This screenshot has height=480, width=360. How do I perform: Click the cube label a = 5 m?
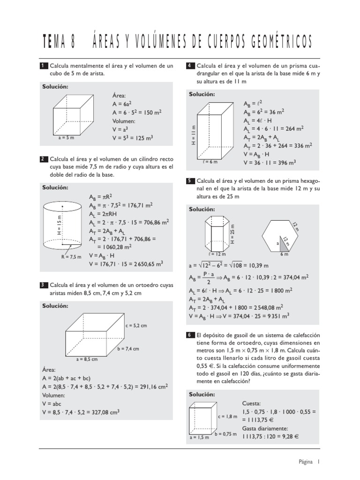click(67, 138)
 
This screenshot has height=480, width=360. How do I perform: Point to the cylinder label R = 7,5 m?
click(71, 256)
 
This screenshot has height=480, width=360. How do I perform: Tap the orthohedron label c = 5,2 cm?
click(136, 325)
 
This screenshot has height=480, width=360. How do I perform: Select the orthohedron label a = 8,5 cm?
click(86, 360)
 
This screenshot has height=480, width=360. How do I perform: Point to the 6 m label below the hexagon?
click(284, 254)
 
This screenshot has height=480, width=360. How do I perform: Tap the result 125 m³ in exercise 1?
click(142, 138)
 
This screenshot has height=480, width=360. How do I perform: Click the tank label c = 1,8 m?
click(227, 416)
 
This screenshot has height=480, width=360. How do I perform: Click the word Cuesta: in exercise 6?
click(252, 403)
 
